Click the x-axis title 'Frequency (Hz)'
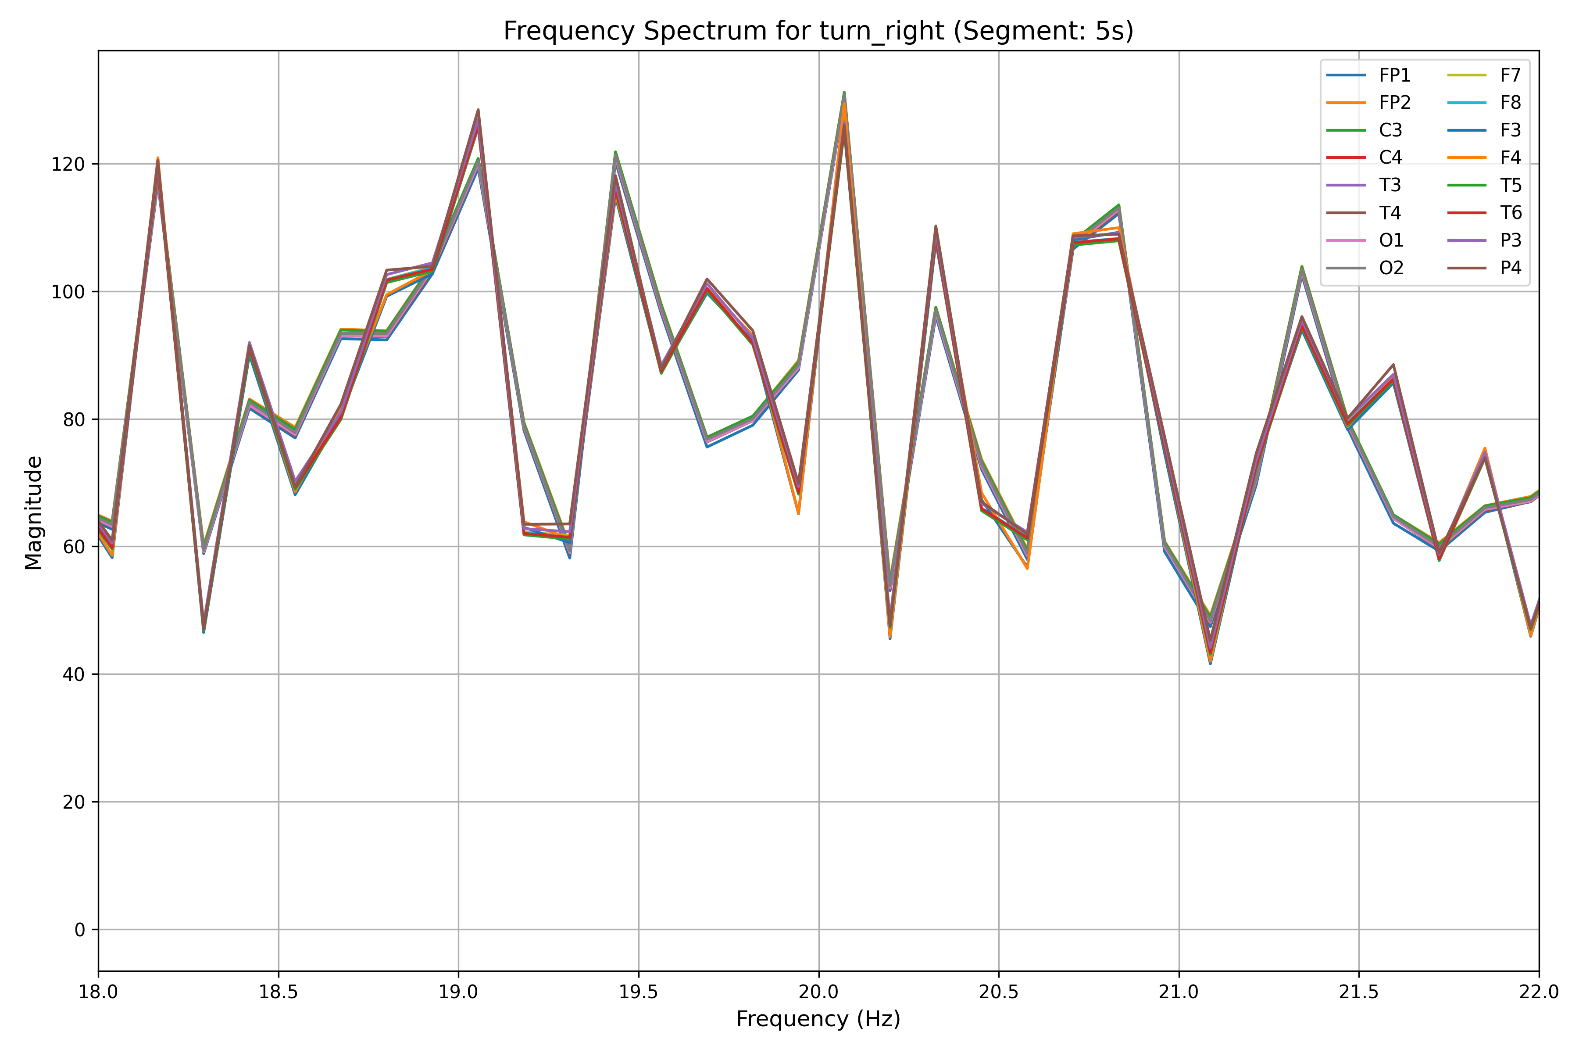818,1019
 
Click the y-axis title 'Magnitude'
34,512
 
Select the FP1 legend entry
1394,75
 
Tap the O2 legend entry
1391,269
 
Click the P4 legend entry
1511,269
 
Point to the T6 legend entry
1511,213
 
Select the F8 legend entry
1511,103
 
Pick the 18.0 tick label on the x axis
99,992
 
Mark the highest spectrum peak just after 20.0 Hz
844,93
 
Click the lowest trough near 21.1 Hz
1211,663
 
